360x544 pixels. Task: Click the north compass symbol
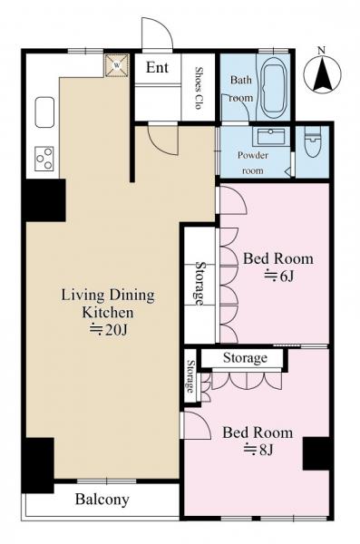[x=322, y=74]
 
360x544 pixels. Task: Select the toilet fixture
[x=312, y=141]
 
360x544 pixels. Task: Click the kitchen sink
[x=44, y=112]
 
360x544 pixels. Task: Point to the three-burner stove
[x=44, y=158]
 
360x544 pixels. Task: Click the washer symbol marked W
[x=117, y=65]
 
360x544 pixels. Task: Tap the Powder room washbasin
[x=271, y=136]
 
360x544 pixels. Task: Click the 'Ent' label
[x=157, y=67]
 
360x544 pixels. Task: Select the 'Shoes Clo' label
[x=199, y=88]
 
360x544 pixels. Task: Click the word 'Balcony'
[x=102, y=500]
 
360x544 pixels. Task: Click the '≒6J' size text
[x=279, y=277]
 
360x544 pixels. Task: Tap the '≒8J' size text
[x=259, y=450]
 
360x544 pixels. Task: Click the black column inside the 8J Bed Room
[x=316, y=453]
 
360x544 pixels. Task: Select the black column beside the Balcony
[x=37, y=465]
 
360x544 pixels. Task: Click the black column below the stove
[x=44, y=200]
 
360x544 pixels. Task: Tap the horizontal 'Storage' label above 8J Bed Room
[x=245, y=358]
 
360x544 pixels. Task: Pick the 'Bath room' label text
[x=240, y=89]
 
